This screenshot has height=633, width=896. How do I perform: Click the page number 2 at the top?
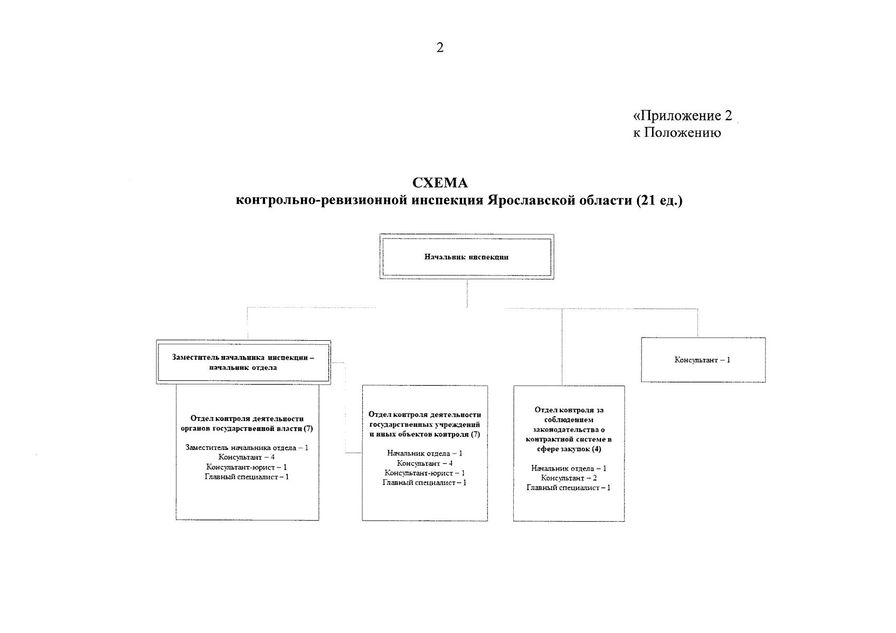[x=440, y=47]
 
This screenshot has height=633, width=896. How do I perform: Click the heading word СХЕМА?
[x=440, y=183]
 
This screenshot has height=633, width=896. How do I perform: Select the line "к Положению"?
[x=677, y=132]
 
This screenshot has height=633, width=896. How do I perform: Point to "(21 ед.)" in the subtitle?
[x=659, y=200]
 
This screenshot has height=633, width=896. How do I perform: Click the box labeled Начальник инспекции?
[x=467, y=257]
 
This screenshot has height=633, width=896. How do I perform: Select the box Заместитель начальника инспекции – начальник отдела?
[x=243, y=362]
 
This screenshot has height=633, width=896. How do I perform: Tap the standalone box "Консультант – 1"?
[x=703, y=360]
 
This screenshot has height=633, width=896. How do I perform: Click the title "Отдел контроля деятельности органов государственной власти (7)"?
[x=247, y=424]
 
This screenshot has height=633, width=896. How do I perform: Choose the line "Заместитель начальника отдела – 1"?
[x=247, y=447]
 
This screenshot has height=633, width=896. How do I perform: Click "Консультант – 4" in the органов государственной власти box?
[x=247, y=457]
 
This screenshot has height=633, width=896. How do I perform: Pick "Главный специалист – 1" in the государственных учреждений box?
[x=425, y=482]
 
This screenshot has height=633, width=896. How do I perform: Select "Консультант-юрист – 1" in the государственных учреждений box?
[x=425, y=473]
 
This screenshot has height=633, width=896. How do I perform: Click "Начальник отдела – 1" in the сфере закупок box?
[x=569, y=468]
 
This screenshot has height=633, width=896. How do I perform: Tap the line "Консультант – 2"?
[x=569, y=478]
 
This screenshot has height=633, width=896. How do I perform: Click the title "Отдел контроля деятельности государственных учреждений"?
[x=425, y=419]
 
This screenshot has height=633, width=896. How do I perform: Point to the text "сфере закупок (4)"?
[x=569, y=449]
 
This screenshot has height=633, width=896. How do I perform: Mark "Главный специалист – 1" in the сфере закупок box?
[x=569, y=488]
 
